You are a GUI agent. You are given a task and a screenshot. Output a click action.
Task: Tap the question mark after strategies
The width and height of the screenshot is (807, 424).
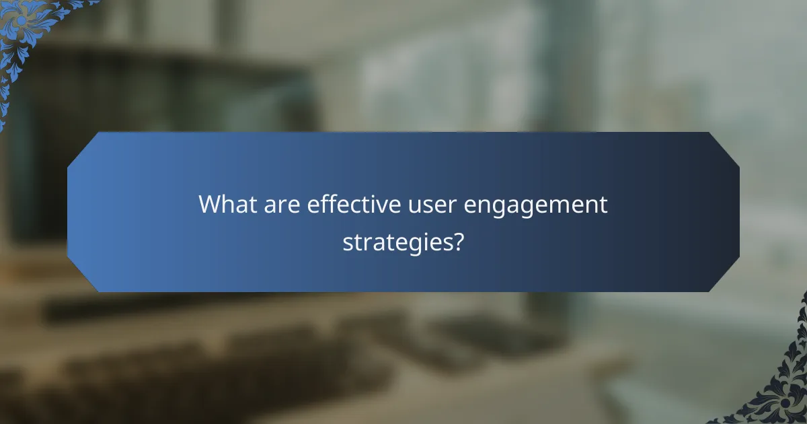[x=457, y=241]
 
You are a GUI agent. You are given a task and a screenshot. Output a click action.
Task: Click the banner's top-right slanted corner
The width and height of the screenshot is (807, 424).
[x=723, y=149]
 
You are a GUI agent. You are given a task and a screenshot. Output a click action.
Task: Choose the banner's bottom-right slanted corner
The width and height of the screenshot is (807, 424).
[x=723, y=275]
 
